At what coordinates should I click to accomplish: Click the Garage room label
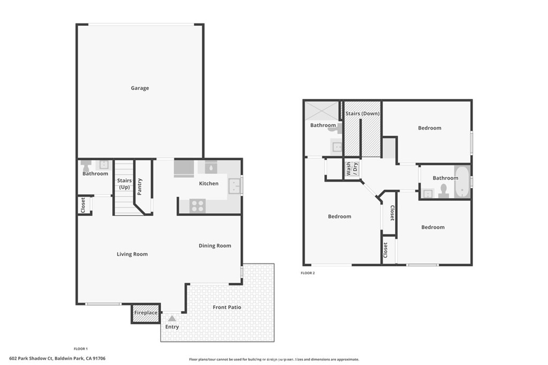140,88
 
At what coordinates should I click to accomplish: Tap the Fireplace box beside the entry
146,313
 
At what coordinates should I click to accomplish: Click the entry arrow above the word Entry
172,319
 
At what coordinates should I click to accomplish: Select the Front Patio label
227,307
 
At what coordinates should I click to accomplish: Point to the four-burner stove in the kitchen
197,205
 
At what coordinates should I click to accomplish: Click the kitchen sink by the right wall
234,185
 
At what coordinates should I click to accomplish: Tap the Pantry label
140,186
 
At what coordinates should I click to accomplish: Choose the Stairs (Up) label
124,184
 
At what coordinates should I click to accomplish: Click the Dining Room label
215,246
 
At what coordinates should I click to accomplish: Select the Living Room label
132,254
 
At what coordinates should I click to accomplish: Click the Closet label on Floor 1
83,205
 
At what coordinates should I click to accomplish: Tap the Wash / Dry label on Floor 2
351,169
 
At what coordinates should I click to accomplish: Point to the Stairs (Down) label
362,113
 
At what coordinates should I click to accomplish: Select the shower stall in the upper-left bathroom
322,111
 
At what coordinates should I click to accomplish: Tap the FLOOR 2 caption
308,273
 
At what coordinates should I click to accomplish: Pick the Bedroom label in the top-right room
429,128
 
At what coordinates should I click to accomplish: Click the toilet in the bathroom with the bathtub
443,191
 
